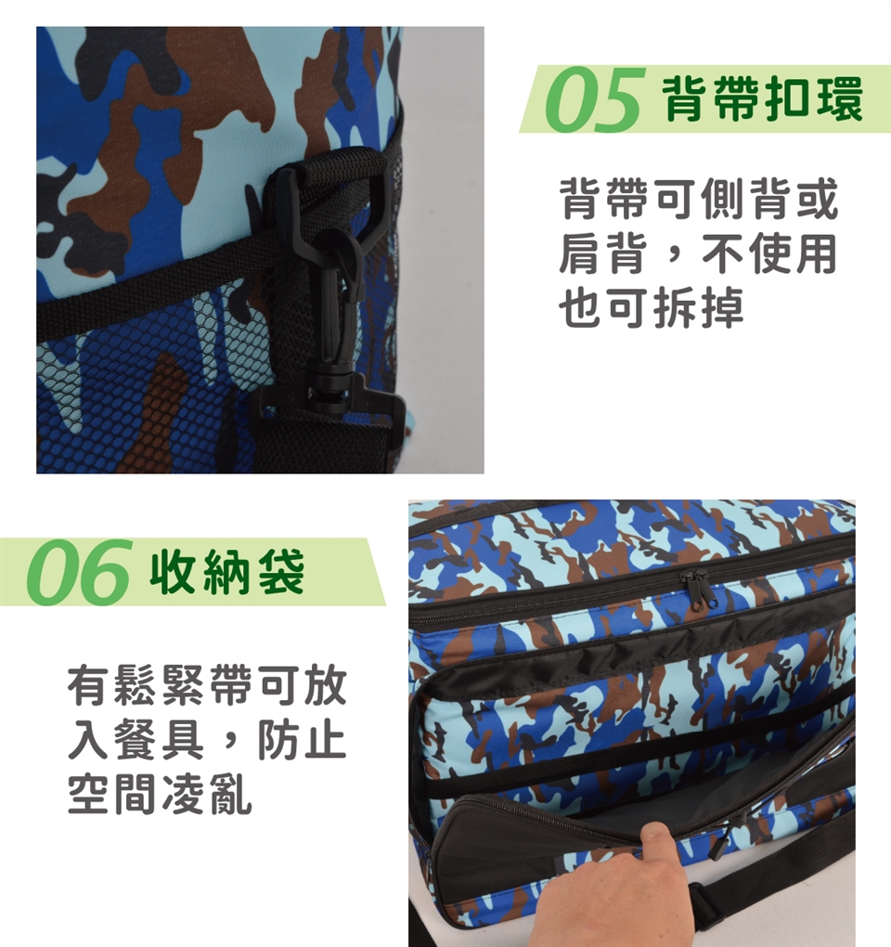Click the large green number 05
click(x=591, y=99)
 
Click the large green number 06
click(x=77, y=572)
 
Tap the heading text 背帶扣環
click(x=762, y=99)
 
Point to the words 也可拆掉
click(x=651, y=308)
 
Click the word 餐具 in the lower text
click(x=161, y=741)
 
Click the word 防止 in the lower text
click(x=302, y=741)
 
